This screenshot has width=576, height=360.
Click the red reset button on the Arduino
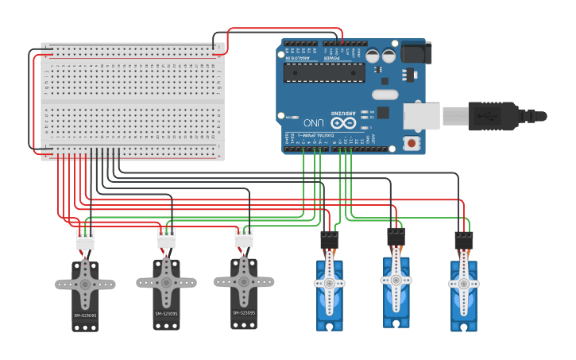click(412, 143)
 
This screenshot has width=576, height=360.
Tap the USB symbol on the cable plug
click(485, 115)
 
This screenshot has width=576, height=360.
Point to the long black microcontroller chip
click(324, 72)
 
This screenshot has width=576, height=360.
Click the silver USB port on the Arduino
click(422, 115)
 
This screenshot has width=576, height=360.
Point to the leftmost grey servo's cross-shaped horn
click(85, 284)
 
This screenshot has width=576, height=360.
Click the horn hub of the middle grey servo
click(166, 281)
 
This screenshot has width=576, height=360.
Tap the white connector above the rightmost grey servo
click(244, 237)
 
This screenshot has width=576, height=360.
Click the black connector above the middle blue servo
click(396, 237)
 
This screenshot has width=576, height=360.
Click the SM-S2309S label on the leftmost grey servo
click(85, 315)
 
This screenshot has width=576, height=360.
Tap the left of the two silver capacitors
click(371, 56)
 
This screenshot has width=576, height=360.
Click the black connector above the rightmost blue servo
click(464, 240)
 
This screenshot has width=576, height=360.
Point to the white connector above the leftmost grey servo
click(84, 239)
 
